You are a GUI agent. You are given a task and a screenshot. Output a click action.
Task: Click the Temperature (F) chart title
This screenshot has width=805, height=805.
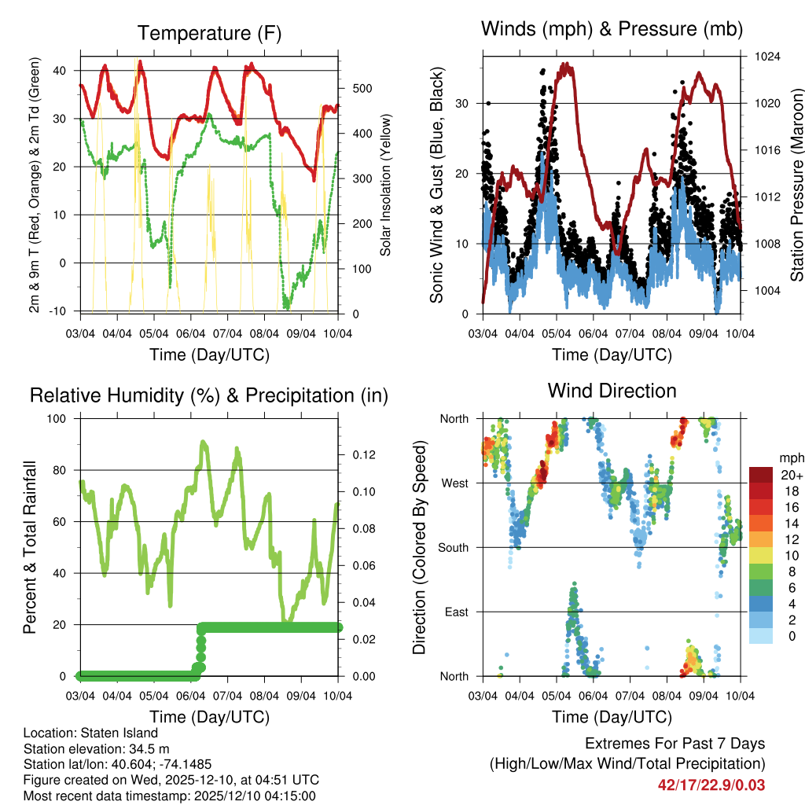point(209,33)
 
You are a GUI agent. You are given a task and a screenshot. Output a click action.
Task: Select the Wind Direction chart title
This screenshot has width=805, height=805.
point(612,390)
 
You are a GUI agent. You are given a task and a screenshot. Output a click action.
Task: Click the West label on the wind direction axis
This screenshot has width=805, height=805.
point(454,483)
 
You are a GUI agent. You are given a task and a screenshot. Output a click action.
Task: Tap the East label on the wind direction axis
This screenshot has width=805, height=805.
point(455,612)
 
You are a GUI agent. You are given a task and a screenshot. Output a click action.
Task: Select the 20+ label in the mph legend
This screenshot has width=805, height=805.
point(789,476)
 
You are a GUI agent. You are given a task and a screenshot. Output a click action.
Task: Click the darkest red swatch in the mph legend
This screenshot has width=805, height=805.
point(762,475)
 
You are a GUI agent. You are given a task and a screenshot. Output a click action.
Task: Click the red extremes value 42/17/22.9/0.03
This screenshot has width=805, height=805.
point(711,785)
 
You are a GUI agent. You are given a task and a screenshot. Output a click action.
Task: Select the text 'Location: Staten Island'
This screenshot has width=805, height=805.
point(90,733)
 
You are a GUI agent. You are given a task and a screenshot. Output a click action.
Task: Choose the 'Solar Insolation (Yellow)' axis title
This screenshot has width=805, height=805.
point(385,186)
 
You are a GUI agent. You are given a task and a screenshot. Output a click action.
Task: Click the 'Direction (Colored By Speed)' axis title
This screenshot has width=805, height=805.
point(419,548)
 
